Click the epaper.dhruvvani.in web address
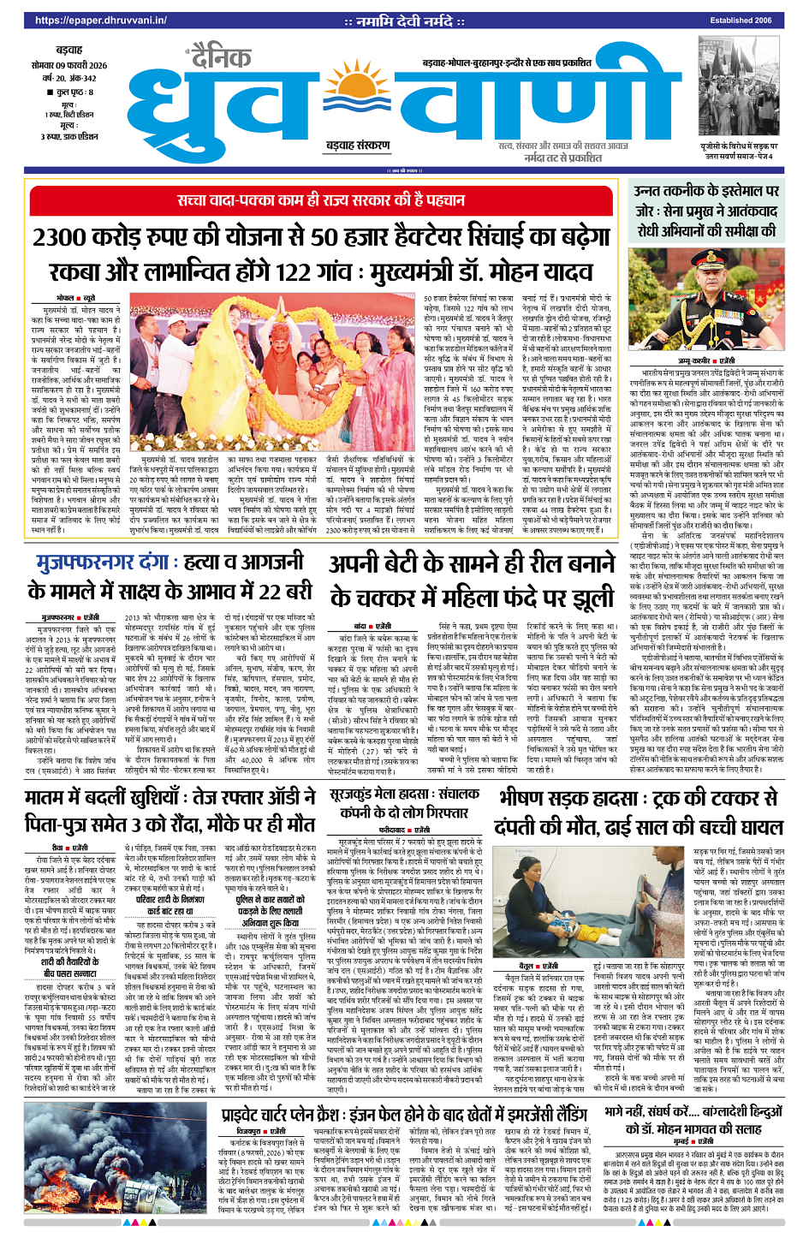[x=88, y=21]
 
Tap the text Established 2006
[x=741, y=21]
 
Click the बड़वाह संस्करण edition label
[x=357, y=146]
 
